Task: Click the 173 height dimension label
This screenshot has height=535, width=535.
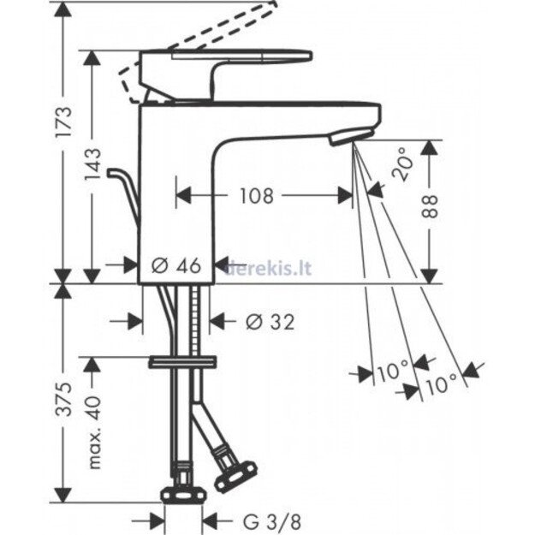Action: click(x=64, y=122)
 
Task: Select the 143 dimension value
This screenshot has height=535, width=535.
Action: click(x=92, y=164)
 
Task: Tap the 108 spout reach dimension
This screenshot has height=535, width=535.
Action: click(x=257, y=196)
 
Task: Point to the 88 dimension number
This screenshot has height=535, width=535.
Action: click(x=430, y=206)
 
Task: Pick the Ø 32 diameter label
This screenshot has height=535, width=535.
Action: click(x=270, y=321)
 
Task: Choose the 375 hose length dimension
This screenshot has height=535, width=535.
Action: click(x=64, y=399)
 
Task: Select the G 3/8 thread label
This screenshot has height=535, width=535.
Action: click(x=272, y=521)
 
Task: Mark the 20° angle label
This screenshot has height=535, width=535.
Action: click(x=402, y=163)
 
